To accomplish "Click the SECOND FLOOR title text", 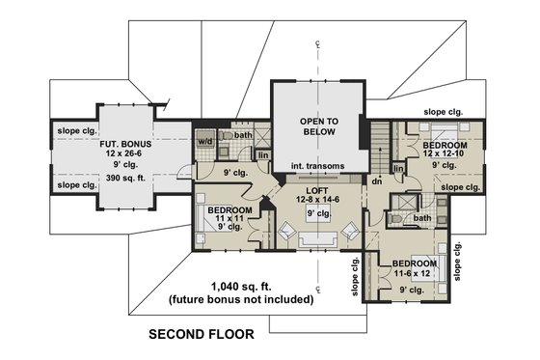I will point(201,336).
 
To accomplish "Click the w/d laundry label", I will point(204,141).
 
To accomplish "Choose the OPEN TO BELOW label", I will point(317,127).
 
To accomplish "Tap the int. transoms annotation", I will point(317,166).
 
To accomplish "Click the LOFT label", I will point(317,188).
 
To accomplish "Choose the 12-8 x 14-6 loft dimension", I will point(317,199).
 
